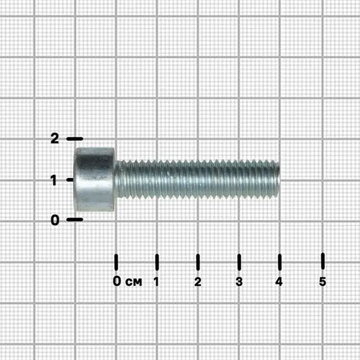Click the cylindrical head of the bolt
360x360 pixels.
pyautogui.click(x=94, y=179)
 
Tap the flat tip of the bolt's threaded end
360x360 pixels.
pyautogui.click(x=278, y=179)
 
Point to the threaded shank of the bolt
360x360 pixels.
pyautogui.click(x=197, y=179)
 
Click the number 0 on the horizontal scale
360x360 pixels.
pyautogui.click(x=116, y=281)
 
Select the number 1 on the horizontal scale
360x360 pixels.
pyautogui.click(x=157, y=281)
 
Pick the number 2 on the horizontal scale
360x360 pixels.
pyautogui.click(x=197, y=281)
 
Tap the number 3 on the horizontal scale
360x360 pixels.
pyautogui.click(x=239, y=281)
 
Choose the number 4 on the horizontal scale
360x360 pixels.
pyautogui.click(x=279, y=281)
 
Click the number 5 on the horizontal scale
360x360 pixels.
pyautogui.click(x=323, y=281)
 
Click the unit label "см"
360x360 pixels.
pyautogui.click(x=134, y=282)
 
